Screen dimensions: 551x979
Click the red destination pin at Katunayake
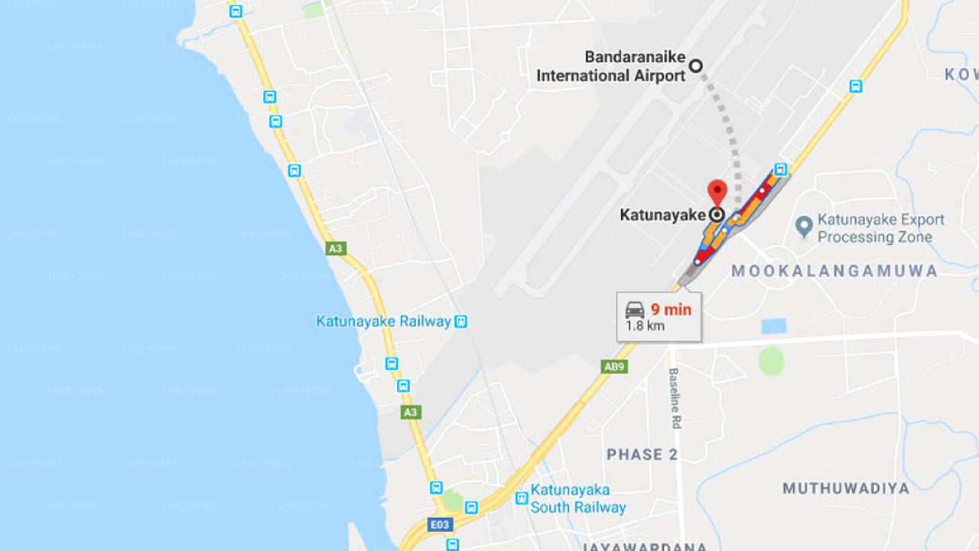[717, 191]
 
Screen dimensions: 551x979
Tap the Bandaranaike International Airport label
[610, 67]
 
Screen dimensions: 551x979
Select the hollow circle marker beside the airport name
[696, 66]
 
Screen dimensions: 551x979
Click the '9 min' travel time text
[671, 310]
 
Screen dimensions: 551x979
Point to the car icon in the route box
[635, 310]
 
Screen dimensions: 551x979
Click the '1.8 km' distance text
[645, 326]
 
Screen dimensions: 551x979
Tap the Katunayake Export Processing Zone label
[880, 228]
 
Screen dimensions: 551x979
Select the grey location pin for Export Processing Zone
[803, 227]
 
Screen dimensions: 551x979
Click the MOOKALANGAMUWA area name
[834, 271]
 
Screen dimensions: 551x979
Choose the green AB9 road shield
[615, 367]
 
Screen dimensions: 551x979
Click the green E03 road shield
[441, 525]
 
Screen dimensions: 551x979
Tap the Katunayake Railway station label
[383, 321]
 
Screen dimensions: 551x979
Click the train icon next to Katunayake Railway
[460, 321]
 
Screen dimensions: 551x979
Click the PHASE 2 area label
[642, 455]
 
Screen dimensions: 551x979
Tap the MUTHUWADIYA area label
[846, 488]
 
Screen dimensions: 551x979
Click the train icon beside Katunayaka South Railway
[522, 497]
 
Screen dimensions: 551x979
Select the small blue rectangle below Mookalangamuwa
[773, 326]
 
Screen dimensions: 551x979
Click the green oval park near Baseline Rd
[772, 361]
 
